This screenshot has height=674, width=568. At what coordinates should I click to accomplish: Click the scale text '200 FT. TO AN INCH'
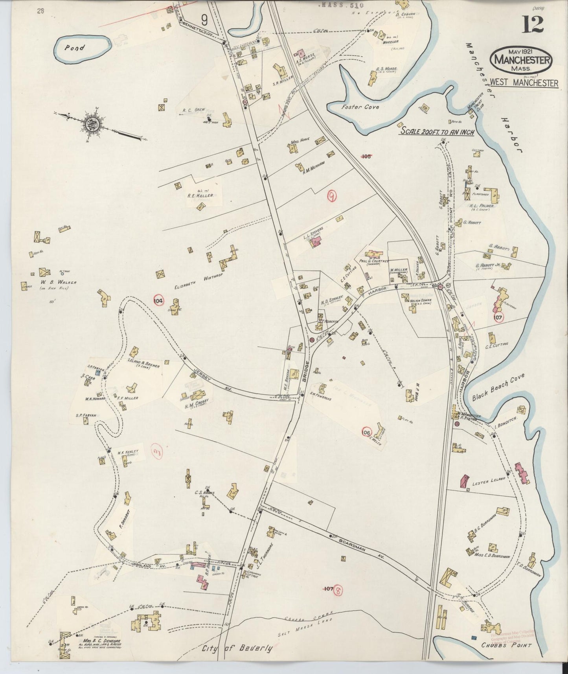[437, 132]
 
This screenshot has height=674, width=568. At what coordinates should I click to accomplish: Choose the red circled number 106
[367, 432]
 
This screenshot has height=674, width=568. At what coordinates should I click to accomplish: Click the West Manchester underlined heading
[524, 83]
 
